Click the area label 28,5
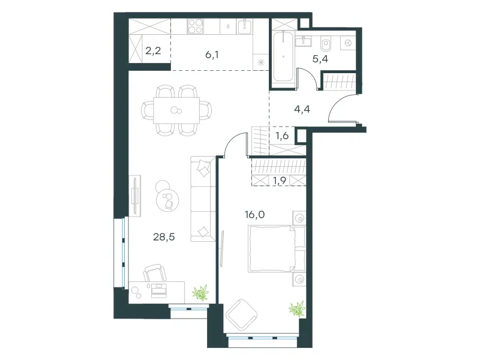pyautogui.click(x=164, y=236)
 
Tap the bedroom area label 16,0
pyautogui.click(x=254, y=215)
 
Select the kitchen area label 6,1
pyautogui.click(x=212, y=55)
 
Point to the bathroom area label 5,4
pyautogui.click(x=320, y=59)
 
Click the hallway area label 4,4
pyautogui.click(x=302, y=109)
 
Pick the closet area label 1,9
pyautogui.click(x=280, y=181)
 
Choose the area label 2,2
pyautogui.click(x=153, y=50)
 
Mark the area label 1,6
pyautogui.click(x=282, y=136)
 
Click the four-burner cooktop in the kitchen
pyautogui.click(x=196, y=26)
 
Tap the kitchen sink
pyautogui.click(x=244, y=26)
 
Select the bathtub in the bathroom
pyautogui.click(x=283, y=56)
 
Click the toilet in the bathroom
pyautogui.click(x=326, y=44)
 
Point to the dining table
pyautogui.click(x=176, y=110)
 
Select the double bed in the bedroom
pyautogui.click(x=277, y=248)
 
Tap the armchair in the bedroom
pyautogui.click(x=242, y=315)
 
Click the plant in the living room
pyautogui.click(x=201, y=293)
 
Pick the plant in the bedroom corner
pyautogui.click(x=297, y=308)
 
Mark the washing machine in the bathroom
pyautogui.click(x=348, y=43)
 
